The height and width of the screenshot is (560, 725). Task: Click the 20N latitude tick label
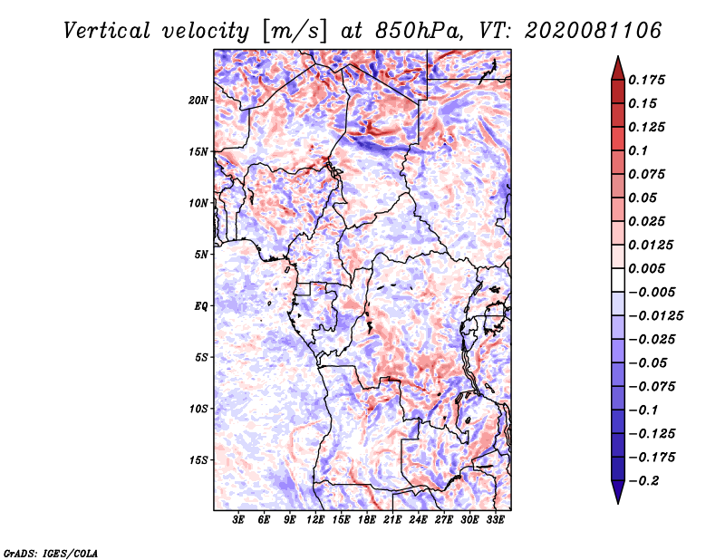pos(198,101)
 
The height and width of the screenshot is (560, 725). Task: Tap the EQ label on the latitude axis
pos(200,306)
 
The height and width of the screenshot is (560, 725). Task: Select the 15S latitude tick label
pos(198,460)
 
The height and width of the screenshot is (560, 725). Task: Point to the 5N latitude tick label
pos(200,255)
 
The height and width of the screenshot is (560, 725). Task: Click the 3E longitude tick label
pos(238,519)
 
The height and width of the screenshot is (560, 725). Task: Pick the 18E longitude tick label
pos(367,519)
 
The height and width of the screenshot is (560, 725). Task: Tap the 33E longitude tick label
pos(495,519)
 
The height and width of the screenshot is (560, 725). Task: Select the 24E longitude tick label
pos(418,519)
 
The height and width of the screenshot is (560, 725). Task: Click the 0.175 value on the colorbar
pos(646,80)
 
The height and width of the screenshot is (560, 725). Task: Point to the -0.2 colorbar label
pos(643,481)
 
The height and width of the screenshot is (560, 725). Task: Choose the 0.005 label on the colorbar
pos(646,268)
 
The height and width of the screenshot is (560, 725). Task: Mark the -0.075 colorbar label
pos(652,387)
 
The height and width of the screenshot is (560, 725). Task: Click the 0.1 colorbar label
pos(638,150)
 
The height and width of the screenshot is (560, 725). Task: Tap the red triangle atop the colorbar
pos(618,69)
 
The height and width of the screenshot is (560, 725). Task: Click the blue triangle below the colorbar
pos(618,492)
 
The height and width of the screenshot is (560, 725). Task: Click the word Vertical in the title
pos(107,31)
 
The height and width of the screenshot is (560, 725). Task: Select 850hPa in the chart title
pos(419,31)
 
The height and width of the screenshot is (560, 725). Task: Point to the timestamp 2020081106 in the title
pos(594,31)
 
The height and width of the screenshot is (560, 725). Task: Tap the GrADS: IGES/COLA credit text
pos(51,553)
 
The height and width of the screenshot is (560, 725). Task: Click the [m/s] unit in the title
pos(295,32)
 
